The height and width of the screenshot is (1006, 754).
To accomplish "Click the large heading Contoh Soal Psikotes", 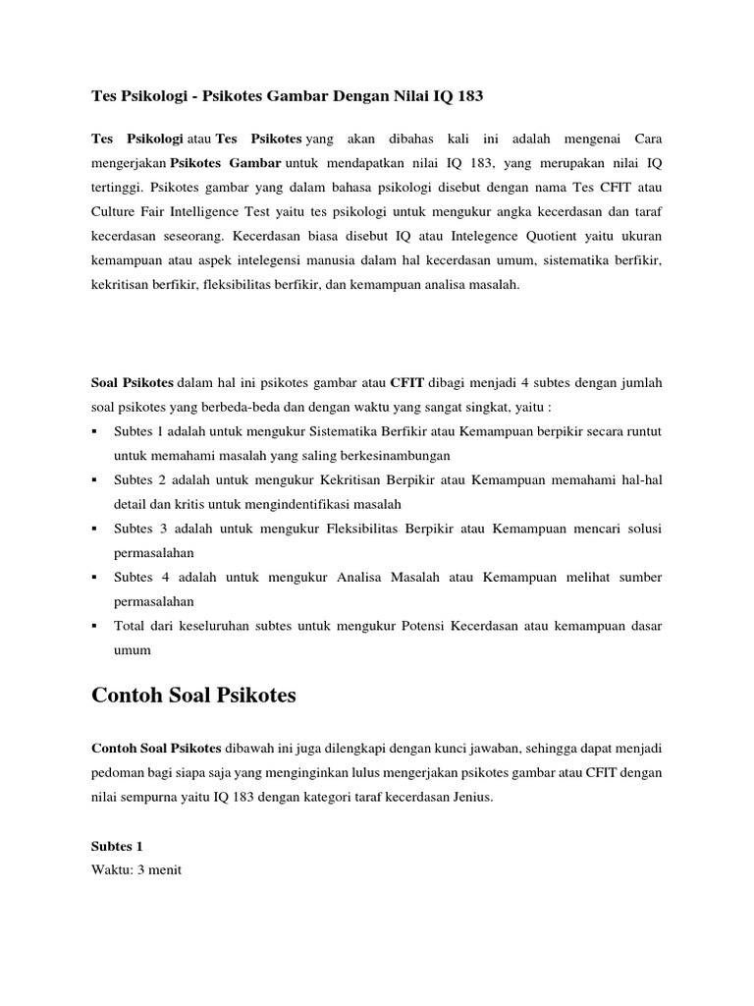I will point(193,696).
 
